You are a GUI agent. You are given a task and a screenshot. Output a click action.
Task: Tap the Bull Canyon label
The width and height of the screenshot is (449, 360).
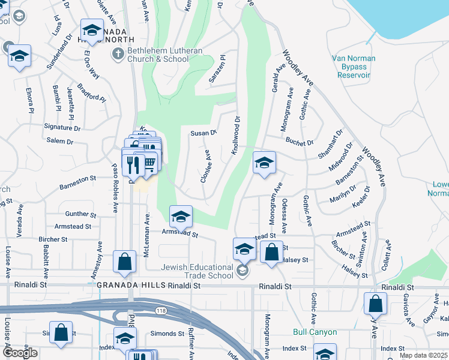315,332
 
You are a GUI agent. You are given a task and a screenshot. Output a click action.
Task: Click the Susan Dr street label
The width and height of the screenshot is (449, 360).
203,133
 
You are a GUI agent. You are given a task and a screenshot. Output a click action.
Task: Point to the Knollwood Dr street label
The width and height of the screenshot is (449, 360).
237,135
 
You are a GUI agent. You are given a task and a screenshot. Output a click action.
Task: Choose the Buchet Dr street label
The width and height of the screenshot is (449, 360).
300,143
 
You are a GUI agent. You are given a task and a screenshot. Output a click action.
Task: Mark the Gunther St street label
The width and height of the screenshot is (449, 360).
80,214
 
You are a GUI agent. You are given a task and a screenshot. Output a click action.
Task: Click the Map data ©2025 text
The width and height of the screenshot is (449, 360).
423,355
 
